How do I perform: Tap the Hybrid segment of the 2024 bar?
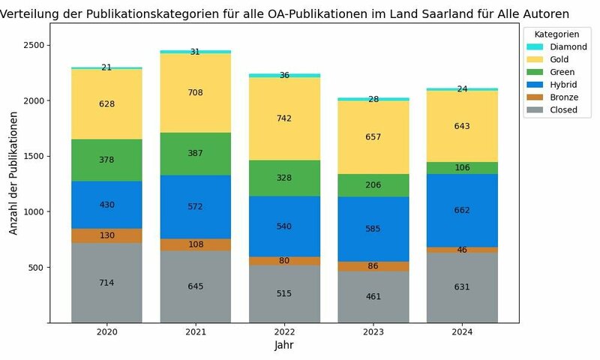click(462, 210)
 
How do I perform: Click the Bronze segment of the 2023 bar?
click(373, 266)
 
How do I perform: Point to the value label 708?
click(195, 93)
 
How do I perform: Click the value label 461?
click(373, 297)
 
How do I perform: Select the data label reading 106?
click(462, 168)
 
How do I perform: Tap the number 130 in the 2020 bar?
click(106, 235)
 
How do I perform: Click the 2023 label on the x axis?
click(373, 331)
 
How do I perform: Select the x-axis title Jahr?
click(283, 346)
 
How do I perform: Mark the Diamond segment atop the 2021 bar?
click(195, 52)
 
